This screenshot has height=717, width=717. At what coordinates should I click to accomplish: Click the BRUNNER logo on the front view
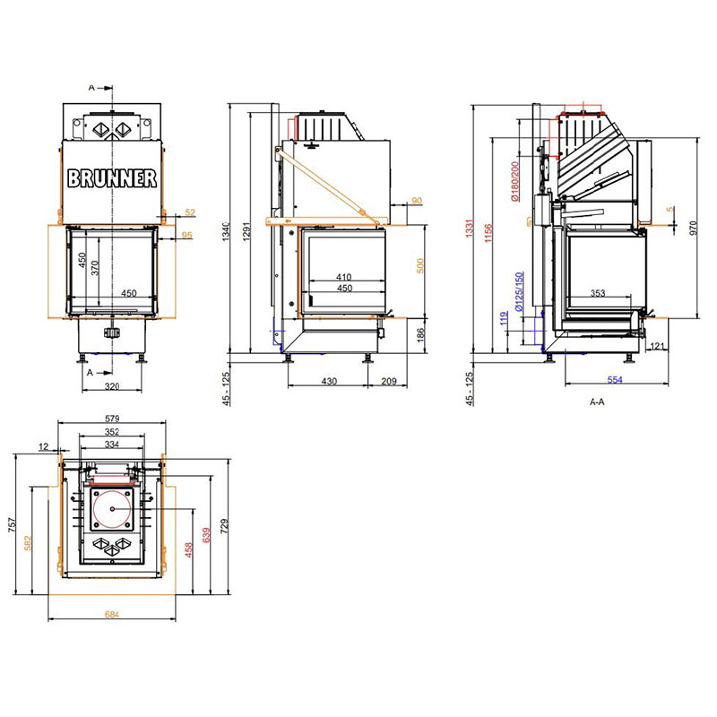click(112, 178)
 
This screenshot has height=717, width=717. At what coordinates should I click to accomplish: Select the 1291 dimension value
click(247, 233)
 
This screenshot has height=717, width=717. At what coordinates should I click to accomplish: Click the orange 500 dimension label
click(420, 265)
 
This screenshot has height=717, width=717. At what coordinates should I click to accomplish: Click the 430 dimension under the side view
click(329, 381)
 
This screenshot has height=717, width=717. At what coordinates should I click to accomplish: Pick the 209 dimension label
click(389, 381)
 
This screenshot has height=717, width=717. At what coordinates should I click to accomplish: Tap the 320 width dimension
click(112, 386)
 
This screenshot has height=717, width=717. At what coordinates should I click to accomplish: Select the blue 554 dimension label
click(615, 379)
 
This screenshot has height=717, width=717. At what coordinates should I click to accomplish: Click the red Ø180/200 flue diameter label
click(514, 181)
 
